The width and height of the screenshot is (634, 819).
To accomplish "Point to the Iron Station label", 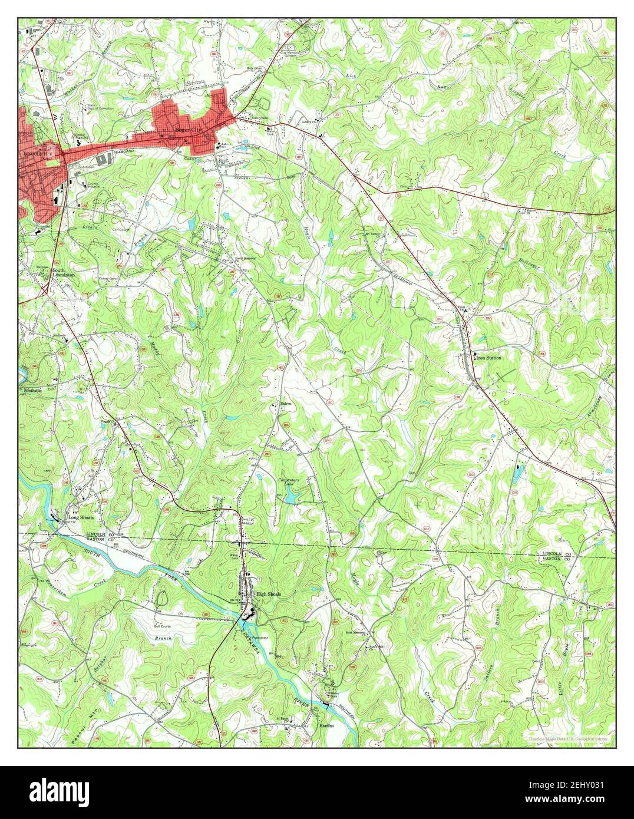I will (x=489, y=358).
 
